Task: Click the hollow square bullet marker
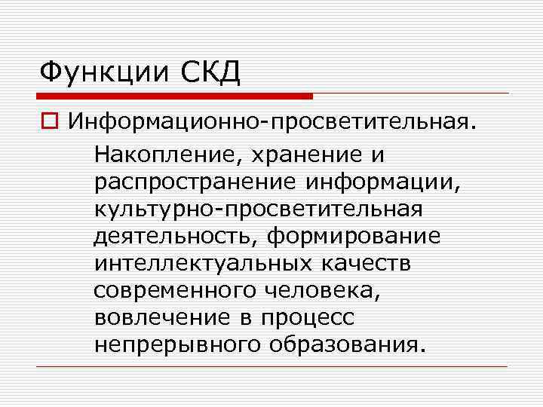click(49, 122)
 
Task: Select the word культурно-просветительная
click(258, 210)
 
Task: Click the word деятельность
click(176, 236)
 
